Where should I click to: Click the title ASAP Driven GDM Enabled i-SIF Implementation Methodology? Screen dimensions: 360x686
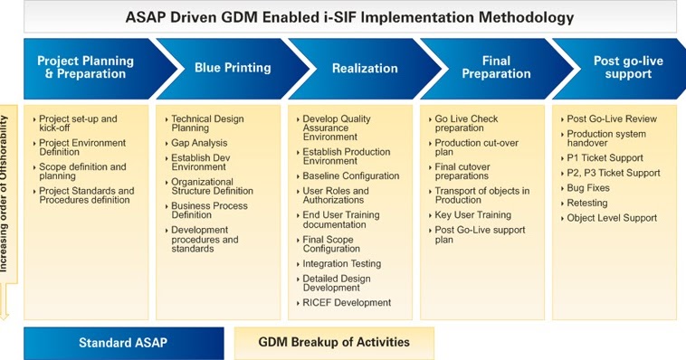point(349,17)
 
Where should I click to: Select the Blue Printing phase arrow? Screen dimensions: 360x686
point(233,68)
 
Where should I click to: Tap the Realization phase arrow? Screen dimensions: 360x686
point(364,68)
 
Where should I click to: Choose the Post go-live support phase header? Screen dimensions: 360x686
point(618,68)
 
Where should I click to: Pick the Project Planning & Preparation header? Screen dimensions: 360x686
point(85,68)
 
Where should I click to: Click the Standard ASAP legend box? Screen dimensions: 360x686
point(123,343)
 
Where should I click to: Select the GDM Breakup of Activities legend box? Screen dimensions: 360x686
point(334,343)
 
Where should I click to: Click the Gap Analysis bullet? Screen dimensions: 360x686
point(199,143)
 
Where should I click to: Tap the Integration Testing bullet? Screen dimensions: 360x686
point(341,264)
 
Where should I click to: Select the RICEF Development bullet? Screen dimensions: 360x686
point(347,302)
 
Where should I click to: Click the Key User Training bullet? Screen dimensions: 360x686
point(472,215)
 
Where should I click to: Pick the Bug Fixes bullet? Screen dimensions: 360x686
point(587,188)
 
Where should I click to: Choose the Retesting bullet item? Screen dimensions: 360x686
point(587,203)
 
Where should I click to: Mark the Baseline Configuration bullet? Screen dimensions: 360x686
point(350,176)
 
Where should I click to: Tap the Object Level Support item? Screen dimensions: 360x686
point(611,218)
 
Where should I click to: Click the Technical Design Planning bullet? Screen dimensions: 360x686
point(208,123)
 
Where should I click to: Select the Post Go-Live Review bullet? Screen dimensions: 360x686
point(611,118)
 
